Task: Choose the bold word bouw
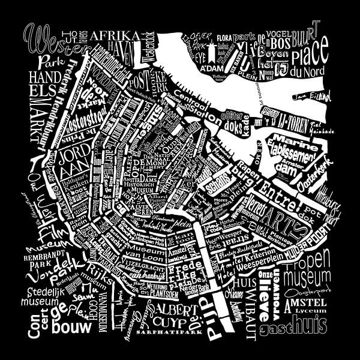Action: (x=72, y=328)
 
